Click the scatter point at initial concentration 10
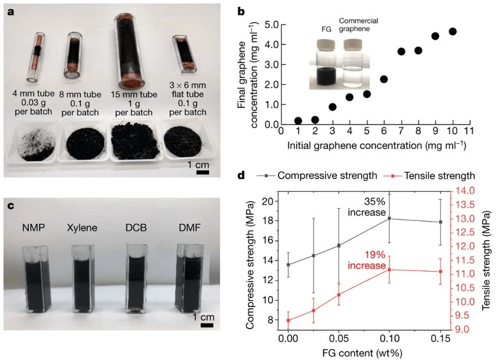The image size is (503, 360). [453, 31]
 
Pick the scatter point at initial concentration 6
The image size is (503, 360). [384, 79]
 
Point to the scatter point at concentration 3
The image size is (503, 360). [333, 106]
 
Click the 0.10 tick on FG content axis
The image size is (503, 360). [389, 337]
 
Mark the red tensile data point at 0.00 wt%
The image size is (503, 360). [288, 320]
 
